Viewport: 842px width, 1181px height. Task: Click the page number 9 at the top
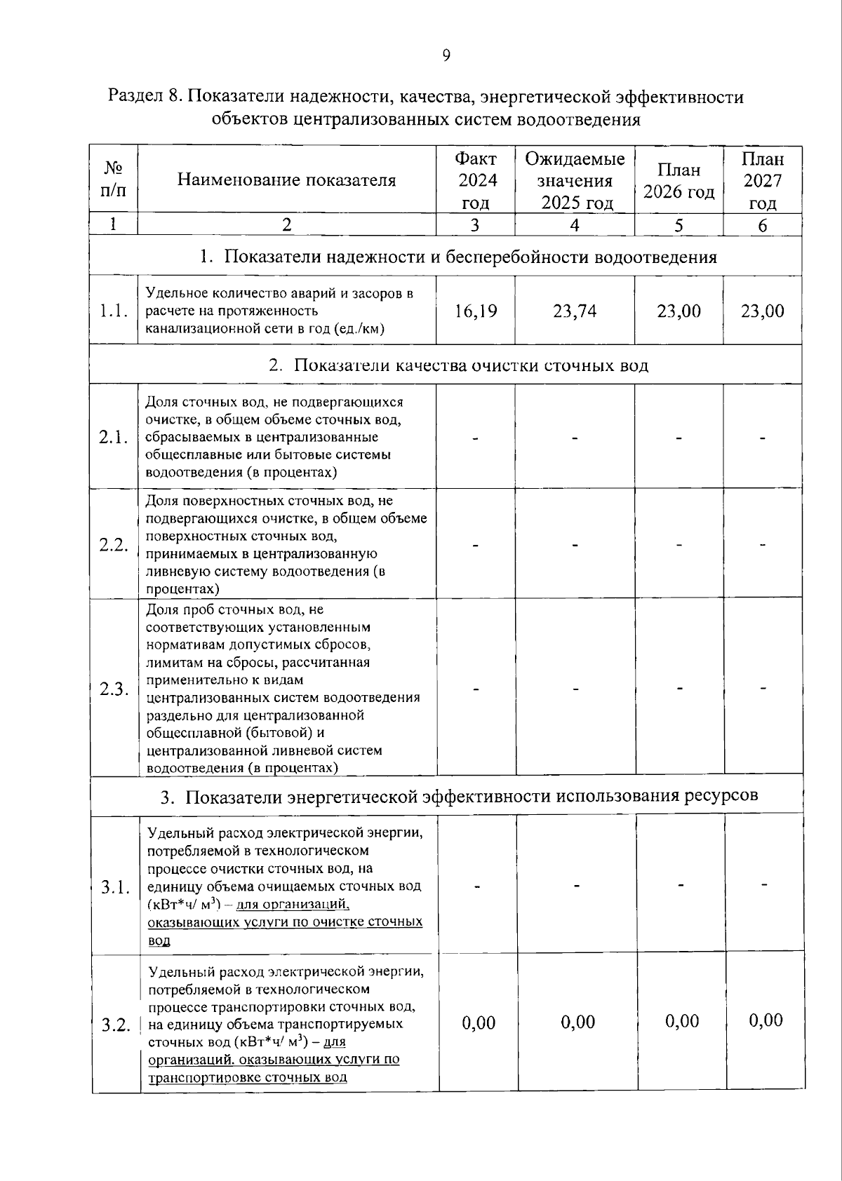(x=446, y=55)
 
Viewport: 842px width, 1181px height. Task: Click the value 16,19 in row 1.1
(x=476, y=311)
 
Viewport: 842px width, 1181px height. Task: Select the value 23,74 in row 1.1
(x=575, y=311)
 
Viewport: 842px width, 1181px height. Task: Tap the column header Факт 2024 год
(x=476, y=181)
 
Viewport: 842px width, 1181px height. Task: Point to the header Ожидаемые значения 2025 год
(x=575, y=181)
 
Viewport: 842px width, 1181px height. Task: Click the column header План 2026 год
(x=679, y=181)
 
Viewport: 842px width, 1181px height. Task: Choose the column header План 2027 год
(x=763, y=181)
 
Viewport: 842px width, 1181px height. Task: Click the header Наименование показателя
(x=286, y=180)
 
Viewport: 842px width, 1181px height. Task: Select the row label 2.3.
(x=114, y=689)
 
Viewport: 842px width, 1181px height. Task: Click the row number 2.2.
(x=114, y=545)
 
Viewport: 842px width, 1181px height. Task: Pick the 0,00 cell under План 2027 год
(x=766, y=1020)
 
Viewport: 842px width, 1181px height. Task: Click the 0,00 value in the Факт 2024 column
(x=479, y=1023)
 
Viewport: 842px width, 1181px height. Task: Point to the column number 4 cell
(x=575, y=225)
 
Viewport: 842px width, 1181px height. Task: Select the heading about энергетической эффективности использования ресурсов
(x=459, y=797)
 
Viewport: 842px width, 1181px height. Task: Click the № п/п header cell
(x=113, y=180)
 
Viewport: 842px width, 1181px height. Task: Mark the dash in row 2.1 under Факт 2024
(x=476, y=438)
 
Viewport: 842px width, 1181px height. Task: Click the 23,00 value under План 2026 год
(x=679, y=311)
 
